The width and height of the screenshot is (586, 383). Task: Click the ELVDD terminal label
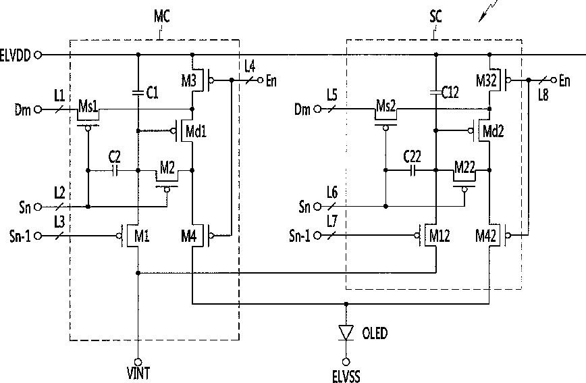(x=15, y=55)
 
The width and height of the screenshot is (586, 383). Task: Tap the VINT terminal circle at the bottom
(x=138, y=361)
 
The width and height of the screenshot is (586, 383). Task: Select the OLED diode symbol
(x=346, y=332)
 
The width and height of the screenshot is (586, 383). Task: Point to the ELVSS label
(x=346, y=376)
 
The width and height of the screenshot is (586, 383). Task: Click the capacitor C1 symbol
(x=138, y=92)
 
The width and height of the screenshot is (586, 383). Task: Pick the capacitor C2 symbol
(x=115, y=170)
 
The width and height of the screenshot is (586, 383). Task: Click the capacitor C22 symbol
(x=412, y=170)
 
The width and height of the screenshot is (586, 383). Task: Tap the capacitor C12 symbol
(x=435, y=92)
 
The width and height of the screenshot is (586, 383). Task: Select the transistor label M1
(x=142, y=236)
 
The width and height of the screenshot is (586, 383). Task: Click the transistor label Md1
(x=196, y=131)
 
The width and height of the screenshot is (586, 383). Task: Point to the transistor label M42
(x=486, y=236)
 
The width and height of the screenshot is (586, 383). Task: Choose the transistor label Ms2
(x=385, y=106)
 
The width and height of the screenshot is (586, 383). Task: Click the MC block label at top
(x=162, y=16)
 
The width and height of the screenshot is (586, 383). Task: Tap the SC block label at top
(x=435, y=16)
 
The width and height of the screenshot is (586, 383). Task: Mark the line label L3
(x=59, y=222)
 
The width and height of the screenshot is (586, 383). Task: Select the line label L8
(x=543, y=95)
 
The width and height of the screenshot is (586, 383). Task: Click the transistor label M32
(x=486, y=80)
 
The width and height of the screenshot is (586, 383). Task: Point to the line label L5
(x=332, y=95)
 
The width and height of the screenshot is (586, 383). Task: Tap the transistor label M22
(x=464, y=167)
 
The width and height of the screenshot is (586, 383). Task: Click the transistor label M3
(x=189, y=80)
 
